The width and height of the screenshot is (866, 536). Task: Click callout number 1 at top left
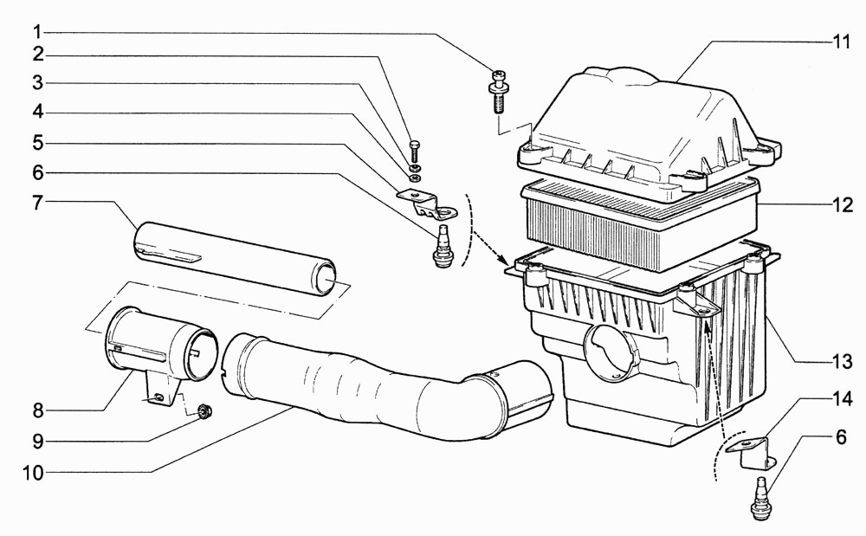coord(37,32)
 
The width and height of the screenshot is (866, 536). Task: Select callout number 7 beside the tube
coord(37,203)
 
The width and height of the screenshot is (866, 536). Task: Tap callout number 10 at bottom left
coord(33,473)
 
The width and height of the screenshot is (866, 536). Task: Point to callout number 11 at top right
coord(841,42)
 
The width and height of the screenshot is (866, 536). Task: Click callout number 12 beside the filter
coord(843,205)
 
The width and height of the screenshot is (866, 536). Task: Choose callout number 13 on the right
coord(843,362)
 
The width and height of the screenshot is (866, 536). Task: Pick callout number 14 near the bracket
coord(843,398)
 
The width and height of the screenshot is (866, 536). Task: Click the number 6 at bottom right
coord(841,437)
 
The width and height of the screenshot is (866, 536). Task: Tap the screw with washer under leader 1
coord(498,91)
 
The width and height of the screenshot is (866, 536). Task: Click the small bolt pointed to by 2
coord(415,151)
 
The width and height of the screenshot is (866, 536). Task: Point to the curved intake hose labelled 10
coord(386,389)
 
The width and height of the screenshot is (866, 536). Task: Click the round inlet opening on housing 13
coord(610,352)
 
